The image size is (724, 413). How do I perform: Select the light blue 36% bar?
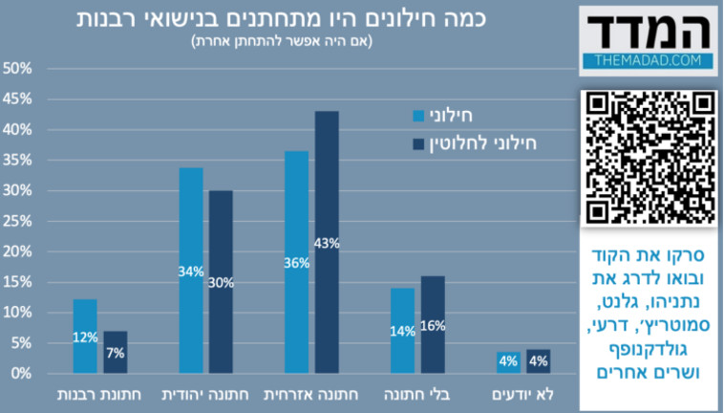297,262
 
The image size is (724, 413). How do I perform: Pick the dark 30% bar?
221,281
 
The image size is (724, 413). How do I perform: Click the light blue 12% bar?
85,336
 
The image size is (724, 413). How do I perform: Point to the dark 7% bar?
115,352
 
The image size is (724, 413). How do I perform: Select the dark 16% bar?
432,324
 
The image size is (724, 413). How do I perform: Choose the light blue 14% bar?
402,330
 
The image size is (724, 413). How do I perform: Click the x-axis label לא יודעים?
522,394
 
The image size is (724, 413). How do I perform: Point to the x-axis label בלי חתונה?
416,394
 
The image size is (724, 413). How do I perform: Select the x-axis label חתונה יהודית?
205,394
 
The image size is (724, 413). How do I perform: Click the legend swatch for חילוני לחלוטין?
418,144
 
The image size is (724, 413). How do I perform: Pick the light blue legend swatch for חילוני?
418,116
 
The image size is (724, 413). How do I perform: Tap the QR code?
649,158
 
